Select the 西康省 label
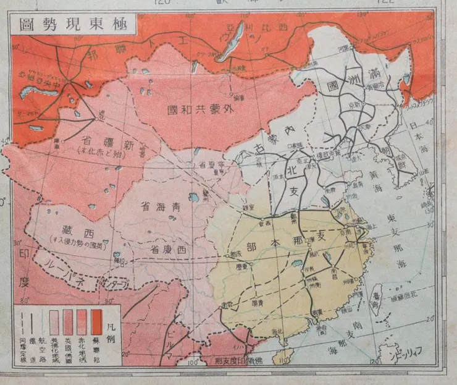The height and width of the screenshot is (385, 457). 169,250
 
